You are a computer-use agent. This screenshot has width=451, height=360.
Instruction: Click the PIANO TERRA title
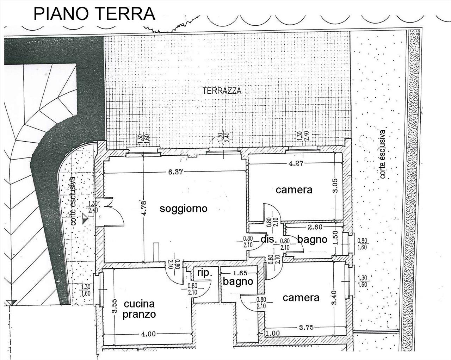[x=94, y=14]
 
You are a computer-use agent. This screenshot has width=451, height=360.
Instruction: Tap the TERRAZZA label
[x=222, y=91]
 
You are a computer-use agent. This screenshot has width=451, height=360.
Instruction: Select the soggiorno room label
[x=184, y=209]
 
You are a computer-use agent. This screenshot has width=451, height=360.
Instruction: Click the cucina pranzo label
[x=139, y=309]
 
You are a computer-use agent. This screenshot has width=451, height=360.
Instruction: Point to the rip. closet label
[x=205, y=273]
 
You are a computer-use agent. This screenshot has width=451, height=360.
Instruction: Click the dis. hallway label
[x=269, y=239]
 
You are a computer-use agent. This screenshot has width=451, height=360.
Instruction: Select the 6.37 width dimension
[x=175, y=172]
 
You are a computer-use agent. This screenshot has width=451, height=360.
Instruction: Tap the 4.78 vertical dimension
[x=144, y=208]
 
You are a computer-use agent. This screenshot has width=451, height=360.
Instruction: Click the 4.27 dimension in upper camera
[x=296, y=163]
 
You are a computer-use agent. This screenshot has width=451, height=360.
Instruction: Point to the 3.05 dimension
[x=335, y=185]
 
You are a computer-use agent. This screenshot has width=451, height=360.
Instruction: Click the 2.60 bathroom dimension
[x=315, y=227]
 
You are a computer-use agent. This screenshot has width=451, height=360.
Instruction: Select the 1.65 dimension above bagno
[x=240, y=273]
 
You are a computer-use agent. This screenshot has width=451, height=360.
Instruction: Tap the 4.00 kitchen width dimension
[x=148, y=334]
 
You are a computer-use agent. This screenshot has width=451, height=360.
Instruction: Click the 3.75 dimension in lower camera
[x=306, y=327]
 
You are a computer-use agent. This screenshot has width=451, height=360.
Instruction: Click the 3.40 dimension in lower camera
[x=334, y=297]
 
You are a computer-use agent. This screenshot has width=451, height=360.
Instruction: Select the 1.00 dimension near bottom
[x=273, y=333]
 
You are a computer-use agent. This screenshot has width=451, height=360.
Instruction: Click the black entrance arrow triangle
[x=85, y=219]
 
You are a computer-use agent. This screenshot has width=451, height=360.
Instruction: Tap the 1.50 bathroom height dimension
[x=335, y=237]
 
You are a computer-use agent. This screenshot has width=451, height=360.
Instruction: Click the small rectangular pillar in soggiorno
[x=156, y=252]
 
